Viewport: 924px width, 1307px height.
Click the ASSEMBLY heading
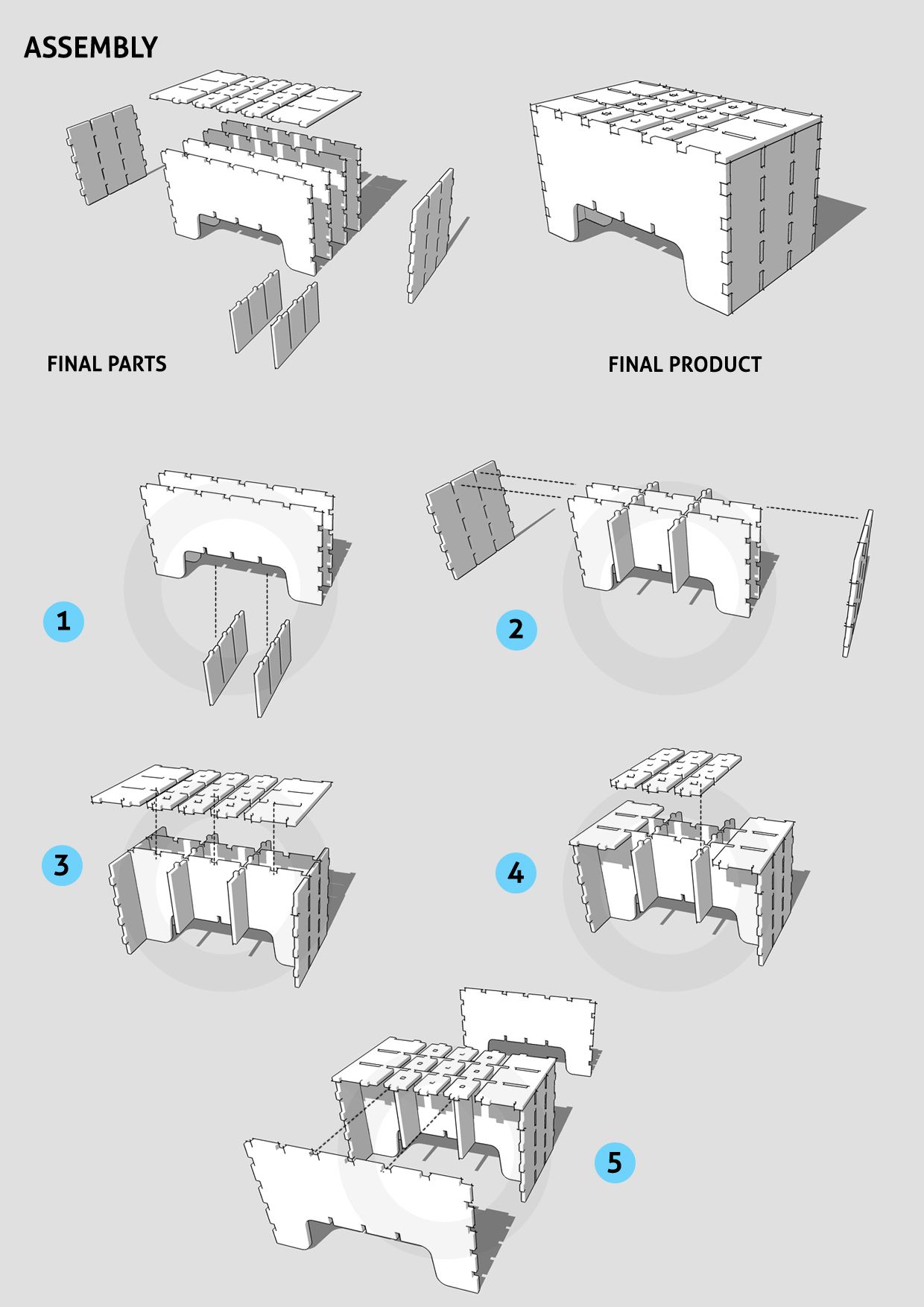pos(91,48)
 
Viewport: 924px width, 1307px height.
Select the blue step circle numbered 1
pos(63,621)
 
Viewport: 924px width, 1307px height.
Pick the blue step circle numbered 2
pos(516,629)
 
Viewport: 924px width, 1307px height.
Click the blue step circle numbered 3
pos(62,865)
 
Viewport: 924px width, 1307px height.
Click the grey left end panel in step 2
pos(469,519)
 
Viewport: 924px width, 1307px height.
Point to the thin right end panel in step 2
pos(858,583)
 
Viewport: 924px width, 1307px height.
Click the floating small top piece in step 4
pos(676,772)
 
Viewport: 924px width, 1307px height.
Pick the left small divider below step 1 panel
pos(226,657)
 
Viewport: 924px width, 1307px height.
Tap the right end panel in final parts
pos(431,235)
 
